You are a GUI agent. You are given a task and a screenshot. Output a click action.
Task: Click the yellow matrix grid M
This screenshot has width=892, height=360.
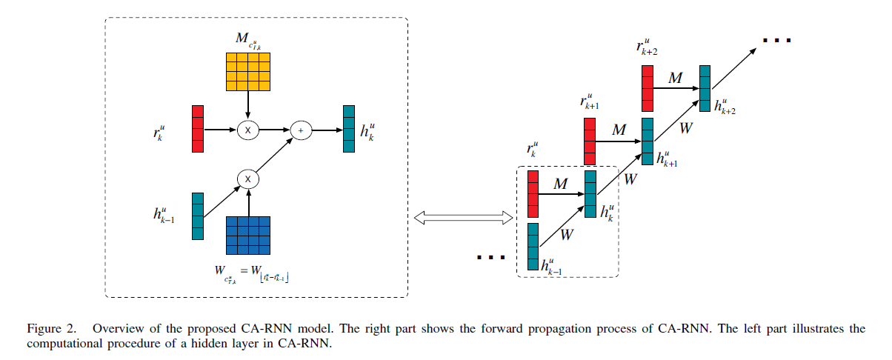click(248, 71)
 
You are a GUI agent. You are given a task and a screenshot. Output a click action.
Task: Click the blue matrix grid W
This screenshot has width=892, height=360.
click(248, 236)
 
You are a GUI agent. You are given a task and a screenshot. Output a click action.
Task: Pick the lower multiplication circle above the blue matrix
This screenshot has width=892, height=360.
click(248, 179)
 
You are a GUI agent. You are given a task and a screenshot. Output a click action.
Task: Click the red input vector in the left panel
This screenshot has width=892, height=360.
click(197, 129)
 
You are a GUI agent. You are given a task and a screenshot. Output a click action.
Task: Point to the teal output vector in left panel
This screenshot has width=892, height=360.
click(348, 129)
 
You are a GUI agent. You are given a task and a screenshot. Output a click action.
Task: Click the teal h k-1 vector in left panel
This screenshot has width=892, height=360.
click(197, 216)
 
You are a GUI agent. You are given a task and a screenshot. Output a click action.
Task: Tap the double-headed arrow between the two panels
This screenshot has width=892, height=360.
click(463, 217)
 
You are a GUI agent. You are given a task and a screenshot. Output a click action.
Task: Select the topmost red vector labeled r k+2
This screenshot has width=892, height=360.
click(648, 87)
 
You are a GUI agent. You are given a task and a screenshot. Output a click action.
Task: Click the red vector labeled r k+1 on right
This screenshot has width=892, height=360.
click(590, 141)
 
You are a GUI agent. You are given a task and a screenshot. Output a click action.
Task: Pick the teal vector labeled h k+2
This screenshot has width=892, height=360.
click(705, 87)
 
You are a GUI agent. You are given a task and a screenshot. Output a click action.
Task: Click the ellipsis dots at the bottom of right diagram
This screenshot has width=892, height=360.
click(490, 257)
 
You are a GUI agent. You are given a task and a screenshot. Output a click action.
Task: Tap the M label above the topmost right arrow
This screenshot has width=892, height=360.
click(675, 78)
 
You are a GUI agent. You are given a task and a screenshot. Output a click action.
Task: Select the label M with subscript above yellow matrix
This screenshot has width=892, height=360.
click(247, 40)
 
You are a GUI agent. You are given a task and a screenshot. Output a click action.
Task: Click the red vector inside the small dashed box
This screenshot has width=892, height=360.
click(533, 194)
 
